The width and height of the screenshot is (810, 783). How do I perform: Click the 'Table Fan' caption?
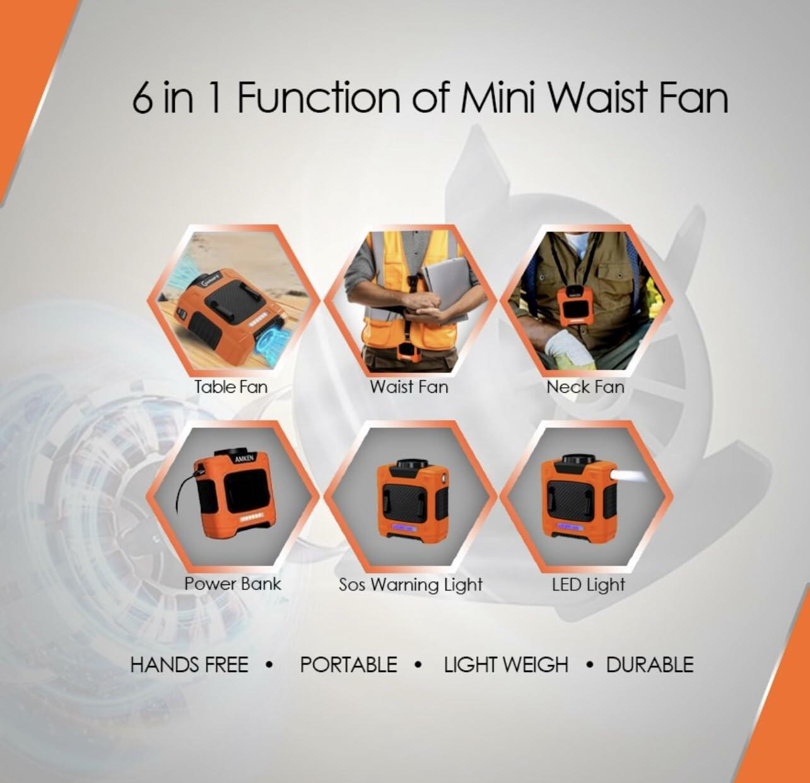point(231,386)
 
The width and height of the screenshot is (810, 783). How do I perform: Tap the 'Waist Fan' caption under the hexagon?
point(409,386)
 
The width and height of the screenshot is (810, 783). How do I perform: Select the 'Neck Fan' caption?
point(585,386)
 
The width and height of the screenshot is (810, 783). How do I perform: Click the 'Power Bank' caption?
point(232,583)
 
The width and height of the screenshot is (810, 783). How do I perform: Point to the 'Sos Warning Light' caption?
point(411,584)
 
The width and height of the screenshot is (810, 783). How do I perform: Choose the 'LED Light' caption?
point(588,584)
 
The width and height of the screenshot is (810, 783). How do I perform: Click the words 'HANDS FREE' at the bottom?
point(189,664)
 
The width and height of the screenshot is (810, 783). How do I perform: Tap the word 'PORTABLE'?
point(348,664)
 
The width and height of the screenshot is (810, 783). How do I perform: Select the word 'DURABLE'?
point(650,664)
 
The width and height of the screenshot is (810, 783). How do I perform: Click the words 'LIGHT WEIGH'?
point(506,664)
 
